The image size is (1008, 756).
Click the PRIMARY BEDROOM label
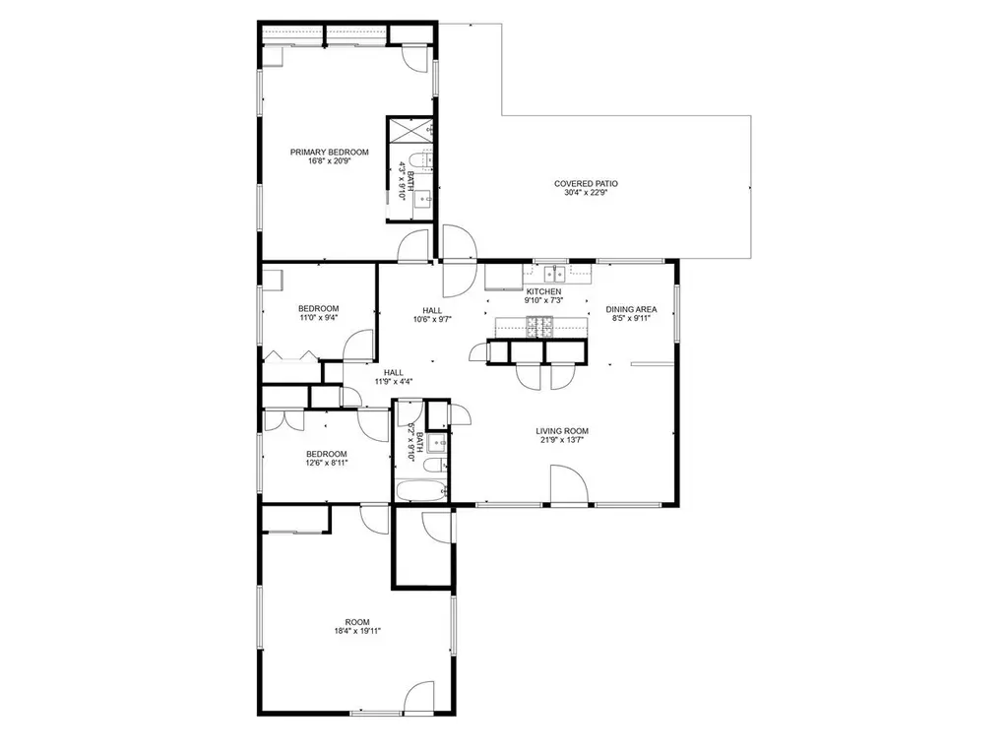point(329,153)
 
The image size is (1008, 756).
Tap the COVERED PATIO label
point(586,184)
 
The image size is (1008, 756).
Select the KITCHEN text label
point(543,291)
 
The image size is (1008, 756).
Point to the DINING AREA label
point(631,309)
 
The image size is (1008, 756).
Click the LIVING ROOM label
point(562,431)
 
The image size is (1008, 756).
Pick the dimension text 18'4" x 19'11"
point(357,631)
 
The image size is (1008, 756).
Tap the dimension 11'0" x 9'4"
point(318,318)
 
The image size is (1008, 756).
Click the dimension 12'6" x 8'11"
point(327,463)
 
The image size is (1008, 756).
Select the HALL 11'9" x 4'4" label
point(394,377)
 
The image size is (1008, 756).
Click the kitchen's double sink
point(555,275)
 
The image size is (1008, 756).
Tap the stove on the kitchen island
point(539,327)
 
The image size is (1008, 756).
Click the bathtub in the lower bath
point(421,492)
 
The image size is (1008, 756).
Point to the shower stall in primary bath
point(410,130)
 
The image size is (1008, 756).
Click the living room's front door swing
point(569,484)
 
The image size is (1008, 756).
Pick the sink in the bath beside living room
point(438,442)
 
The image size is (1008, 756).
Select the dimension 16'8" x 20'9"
point(329,161)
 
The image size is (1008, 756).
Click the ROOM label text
point(357,622)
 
